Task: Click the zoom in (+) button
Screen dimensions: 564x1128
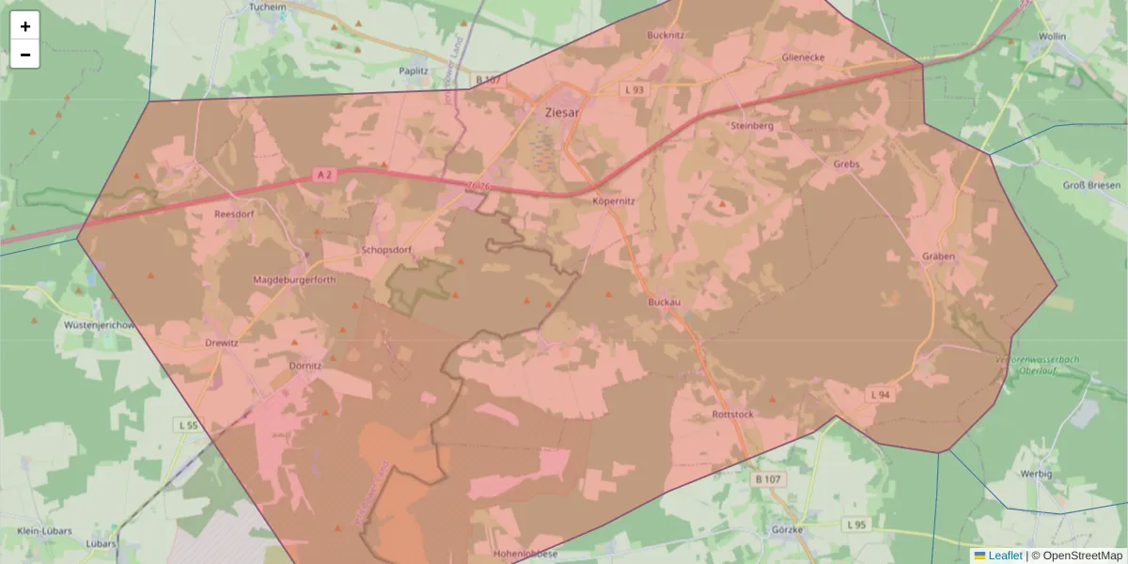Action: (x=25, y=26)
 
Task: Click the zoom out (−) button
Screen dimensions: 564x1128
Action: (x=25, y=55)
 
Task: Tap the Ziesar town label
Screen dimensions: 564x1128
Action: (x=562, y=112)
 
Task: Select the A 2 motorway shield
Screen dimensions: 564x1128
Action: (x=324, y=175)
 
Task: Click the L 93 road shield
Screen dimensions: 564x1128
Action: (x=635, y=89)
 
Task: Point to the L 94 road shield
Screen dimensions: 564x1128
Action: (x=880, y=395)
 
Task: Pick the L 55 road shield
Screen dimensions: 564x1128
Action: (x=188, y=426)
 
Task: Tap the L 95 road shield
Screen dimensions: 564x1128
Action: (x=854, y=524)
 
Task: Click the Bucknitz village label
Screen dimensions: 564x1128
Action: (x=666, y=35)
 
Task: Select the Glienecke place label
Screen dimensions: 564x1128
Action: (x=803, y=57)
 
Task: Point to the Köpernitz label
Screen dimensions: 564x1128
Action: (x=615, y=201)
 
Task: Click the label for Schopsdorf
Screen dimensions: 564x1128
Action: (x=386, y=251)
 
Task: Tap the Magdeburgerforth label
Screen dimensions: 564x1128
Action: (x=294, y=280)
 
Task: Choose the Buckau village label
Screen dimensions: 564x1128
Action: (x=664, y=302)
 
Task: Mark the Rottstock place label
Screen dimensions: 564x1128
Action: (x=733, y=415)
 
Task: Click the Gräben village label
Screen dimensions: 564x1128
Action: (x=938, y=257)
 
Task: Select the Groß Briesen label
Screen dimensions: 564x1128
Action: (x=1090, y=186)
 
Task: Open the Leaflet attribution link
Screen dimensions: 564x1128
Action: (x=1004, y=556)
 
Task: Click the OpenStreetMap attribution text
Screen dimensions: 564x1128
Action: (x=1082, y=556)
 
